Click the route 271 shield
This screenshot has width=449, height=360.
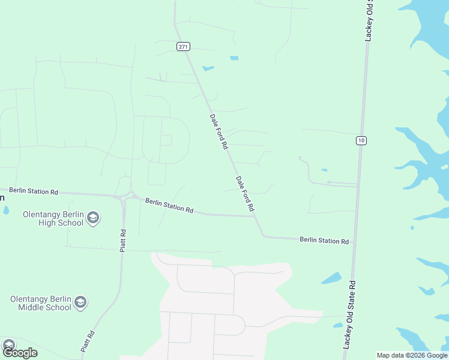tap(184, 46)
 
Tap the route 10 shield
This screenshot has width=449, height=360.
tap(360, 140)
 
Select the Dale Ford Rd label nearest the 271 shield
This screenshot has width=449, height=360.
tap(219, 131)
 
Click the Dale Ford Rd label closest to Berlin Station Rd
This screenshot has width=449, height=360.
tap(245, 193)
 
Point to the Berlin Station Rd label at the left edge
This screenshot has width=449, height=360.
tap(34, 191)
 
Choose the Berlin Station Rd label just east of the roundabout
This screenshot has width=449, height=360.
tap(169, 206)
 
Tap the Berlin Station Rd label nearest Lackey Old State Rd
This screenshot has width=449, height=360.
tap(324, 240)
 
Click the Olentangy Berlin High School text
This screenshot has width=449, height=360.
tap(53, 218)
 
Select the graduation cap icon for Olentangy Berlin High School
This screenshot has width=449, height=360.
tap(92, 218)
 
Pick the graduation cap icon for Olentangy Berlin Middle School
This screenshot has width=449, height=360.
tap(80, 303)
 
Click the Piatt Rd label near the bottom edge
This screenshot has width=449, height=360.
tap(88, 341)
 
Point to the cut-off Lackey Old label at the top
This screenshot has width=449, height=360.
tap(370, 20)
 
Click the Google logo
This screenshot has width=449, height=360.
tap(20, 352)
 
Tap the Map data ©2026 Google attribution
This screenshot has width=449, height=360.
tap(412, 355)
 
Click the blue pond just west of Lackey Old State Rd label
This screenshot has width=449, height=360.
tap(331, 278)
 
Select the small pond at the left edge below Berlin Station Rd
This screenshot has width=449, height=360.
tap(5, 211)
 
